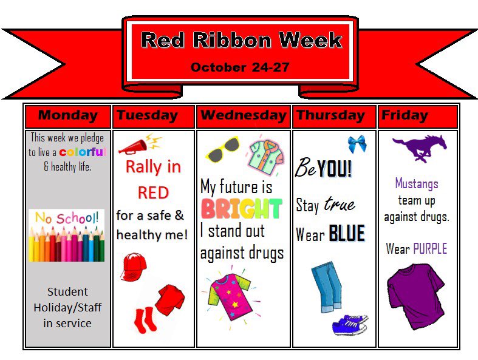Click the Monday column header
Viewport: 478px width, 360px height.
(67, 115)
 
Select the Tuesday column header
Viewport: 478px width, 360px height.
(147, 115)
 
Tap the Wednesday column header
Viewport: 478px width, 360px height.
(243, 115)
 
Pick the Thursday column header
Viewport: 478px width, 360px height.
(330, 115)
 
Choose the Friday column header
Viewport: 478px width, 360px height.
(405, 115)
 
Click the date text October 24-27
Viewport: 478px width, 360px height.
(240, 67)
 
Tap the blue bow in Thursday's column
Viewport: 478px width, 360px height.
(357, 144)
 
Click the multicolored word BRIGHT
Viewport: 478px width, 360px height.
(241, 209)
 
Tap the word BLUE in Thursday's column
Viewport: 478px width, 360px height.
(346, 234)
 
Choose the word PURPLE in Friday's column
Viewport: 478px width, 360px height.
(429, 249)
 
